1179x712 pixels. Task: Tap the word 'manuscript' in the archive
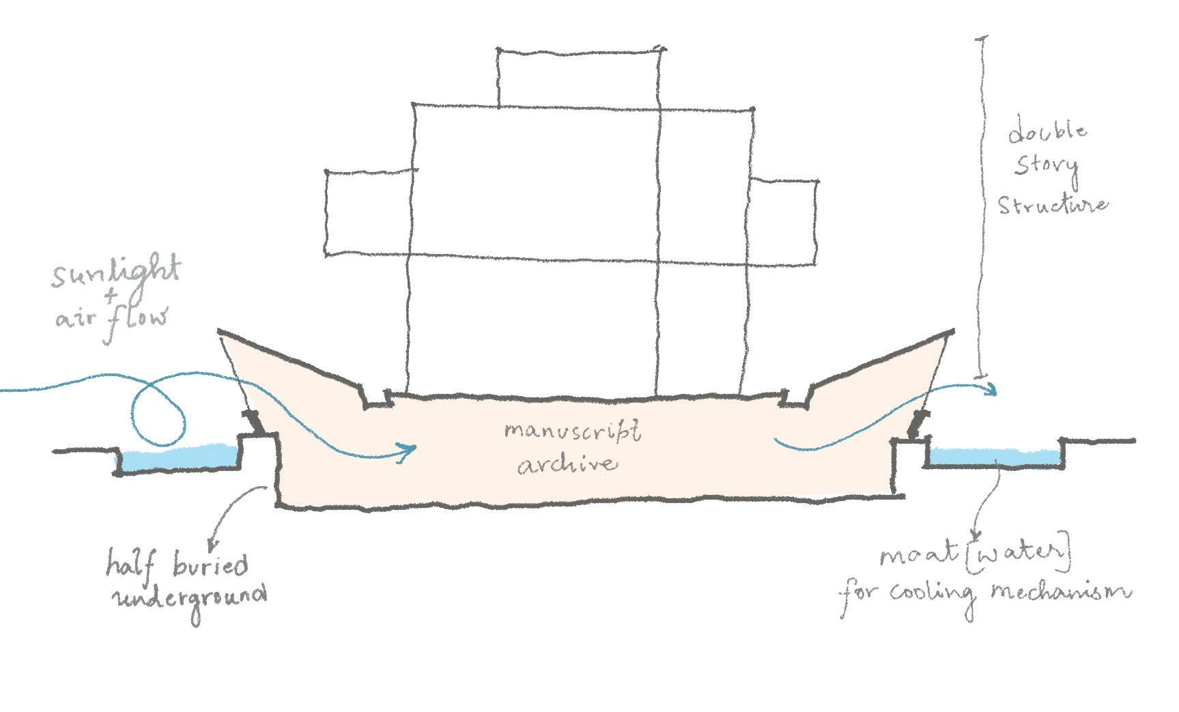click(572, 433)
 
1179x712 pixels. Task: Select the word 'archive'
click(567, 464)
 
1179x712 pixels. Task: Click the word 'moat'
click(918, 556)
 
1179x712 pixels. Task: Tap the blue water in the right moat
click(994, 456)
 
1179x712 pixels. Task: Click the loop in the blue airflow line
click(159, 410)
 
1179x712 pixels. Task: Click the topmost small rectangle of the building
click(579, 77)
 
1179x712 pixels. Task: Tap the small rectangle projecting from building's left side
click(369, 212)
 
